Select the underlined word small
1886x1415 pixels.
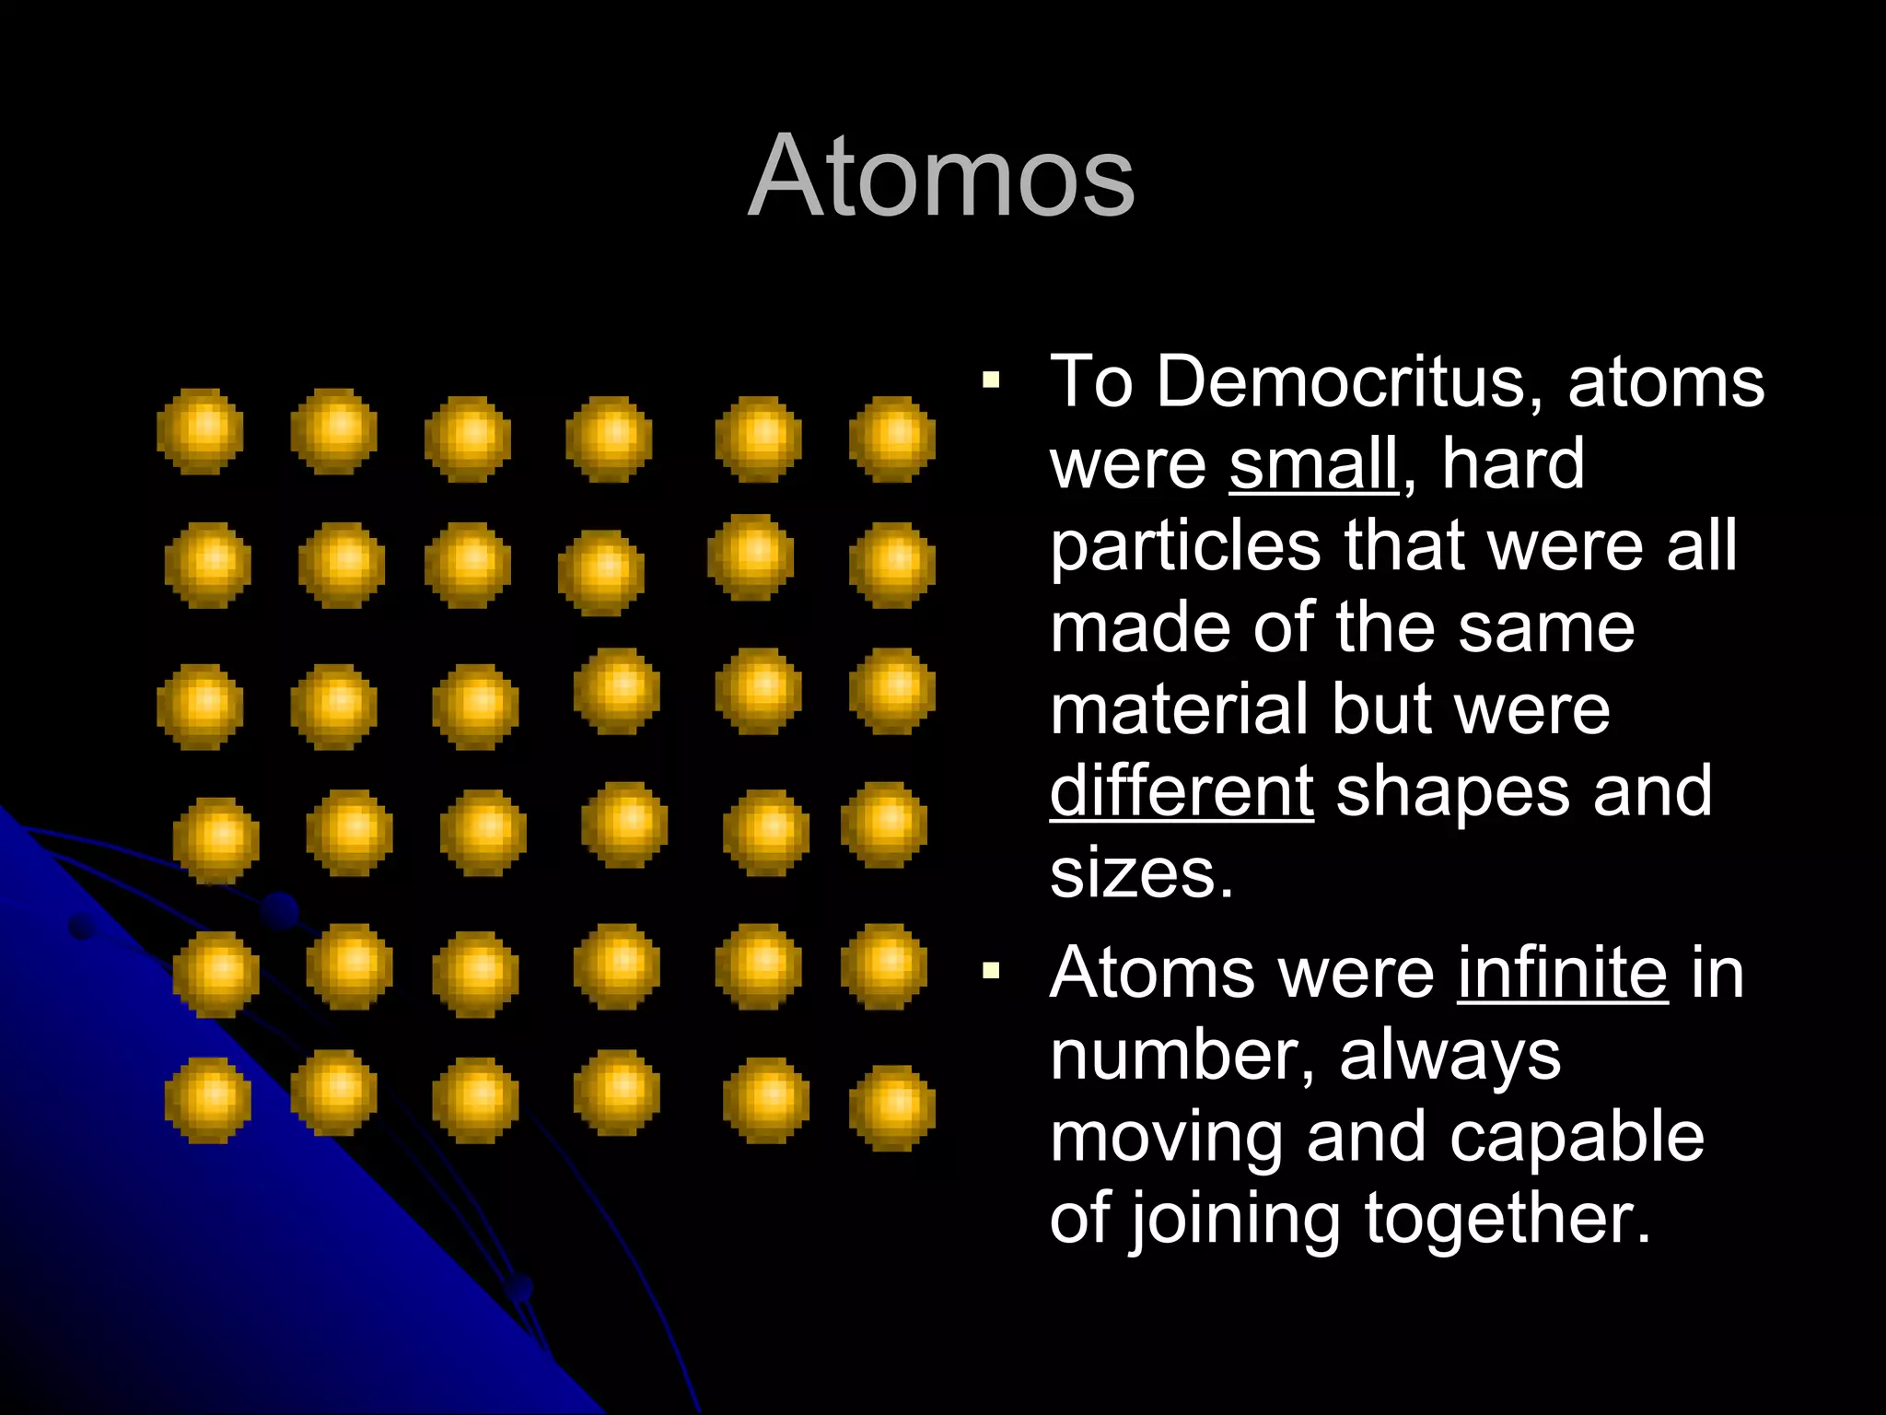point(1313,463)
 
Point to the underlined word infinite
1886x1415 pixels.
point(1562,973)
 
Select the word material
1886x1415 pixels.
point(1179,709)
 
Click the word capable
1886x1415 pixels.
point(1577,1137)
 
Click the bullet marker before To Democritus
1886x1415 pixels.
point(991,380)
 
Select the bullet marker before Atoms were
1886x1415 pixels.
point(991,970)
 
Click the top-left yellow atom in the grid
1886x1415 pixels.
point(201,431)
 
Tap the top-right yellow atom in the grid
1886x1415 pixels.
point(891,439)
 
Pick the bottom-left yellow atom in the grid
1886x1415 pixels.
point(208,1100)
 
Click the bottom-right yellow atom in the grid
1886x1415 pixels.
point(891,1107)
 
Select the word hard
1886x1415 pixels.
point(1512,463)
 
